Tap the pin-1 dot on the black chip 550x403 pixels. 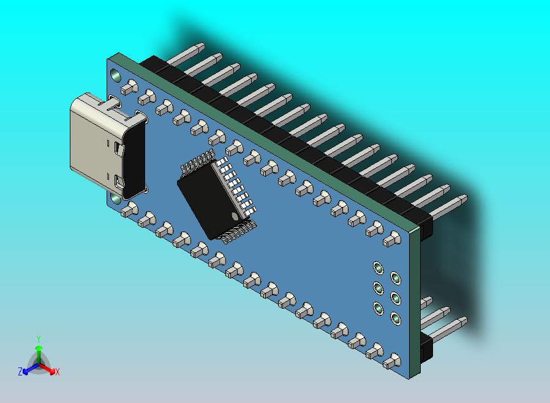pyautogui.click(x=235, y=216)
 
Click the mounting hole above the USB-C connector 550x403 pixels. pyautogui.click(x=116, y=74)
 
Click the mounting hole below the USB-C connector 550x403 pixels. pyautogui.click(x=116, y=198)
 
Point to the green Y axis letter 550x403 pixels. pyautogui.click(x=38, y=339)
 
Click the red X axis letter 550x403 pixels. pyautogui.click(x=57, y=372)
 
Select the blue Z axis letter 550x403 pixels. pyautogui.click(x=20, y=372)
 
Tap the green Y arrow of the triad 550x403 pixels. pyautogui.click(x=38, y=352)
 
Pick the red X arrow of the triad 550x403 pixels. pyautogui.click(x=48, y=369)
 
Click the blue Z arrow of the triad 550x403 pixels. pyautogui.click(x=28, y=369)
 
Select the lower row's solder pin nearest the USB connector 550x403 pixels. pyautogui.click(x=127, y=210)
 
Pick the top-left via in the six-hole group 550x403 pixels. pyautogui.click(x=378, y=268)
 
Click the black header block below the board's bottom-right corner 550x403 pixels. pyautogui.click(x=427, y=348)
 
